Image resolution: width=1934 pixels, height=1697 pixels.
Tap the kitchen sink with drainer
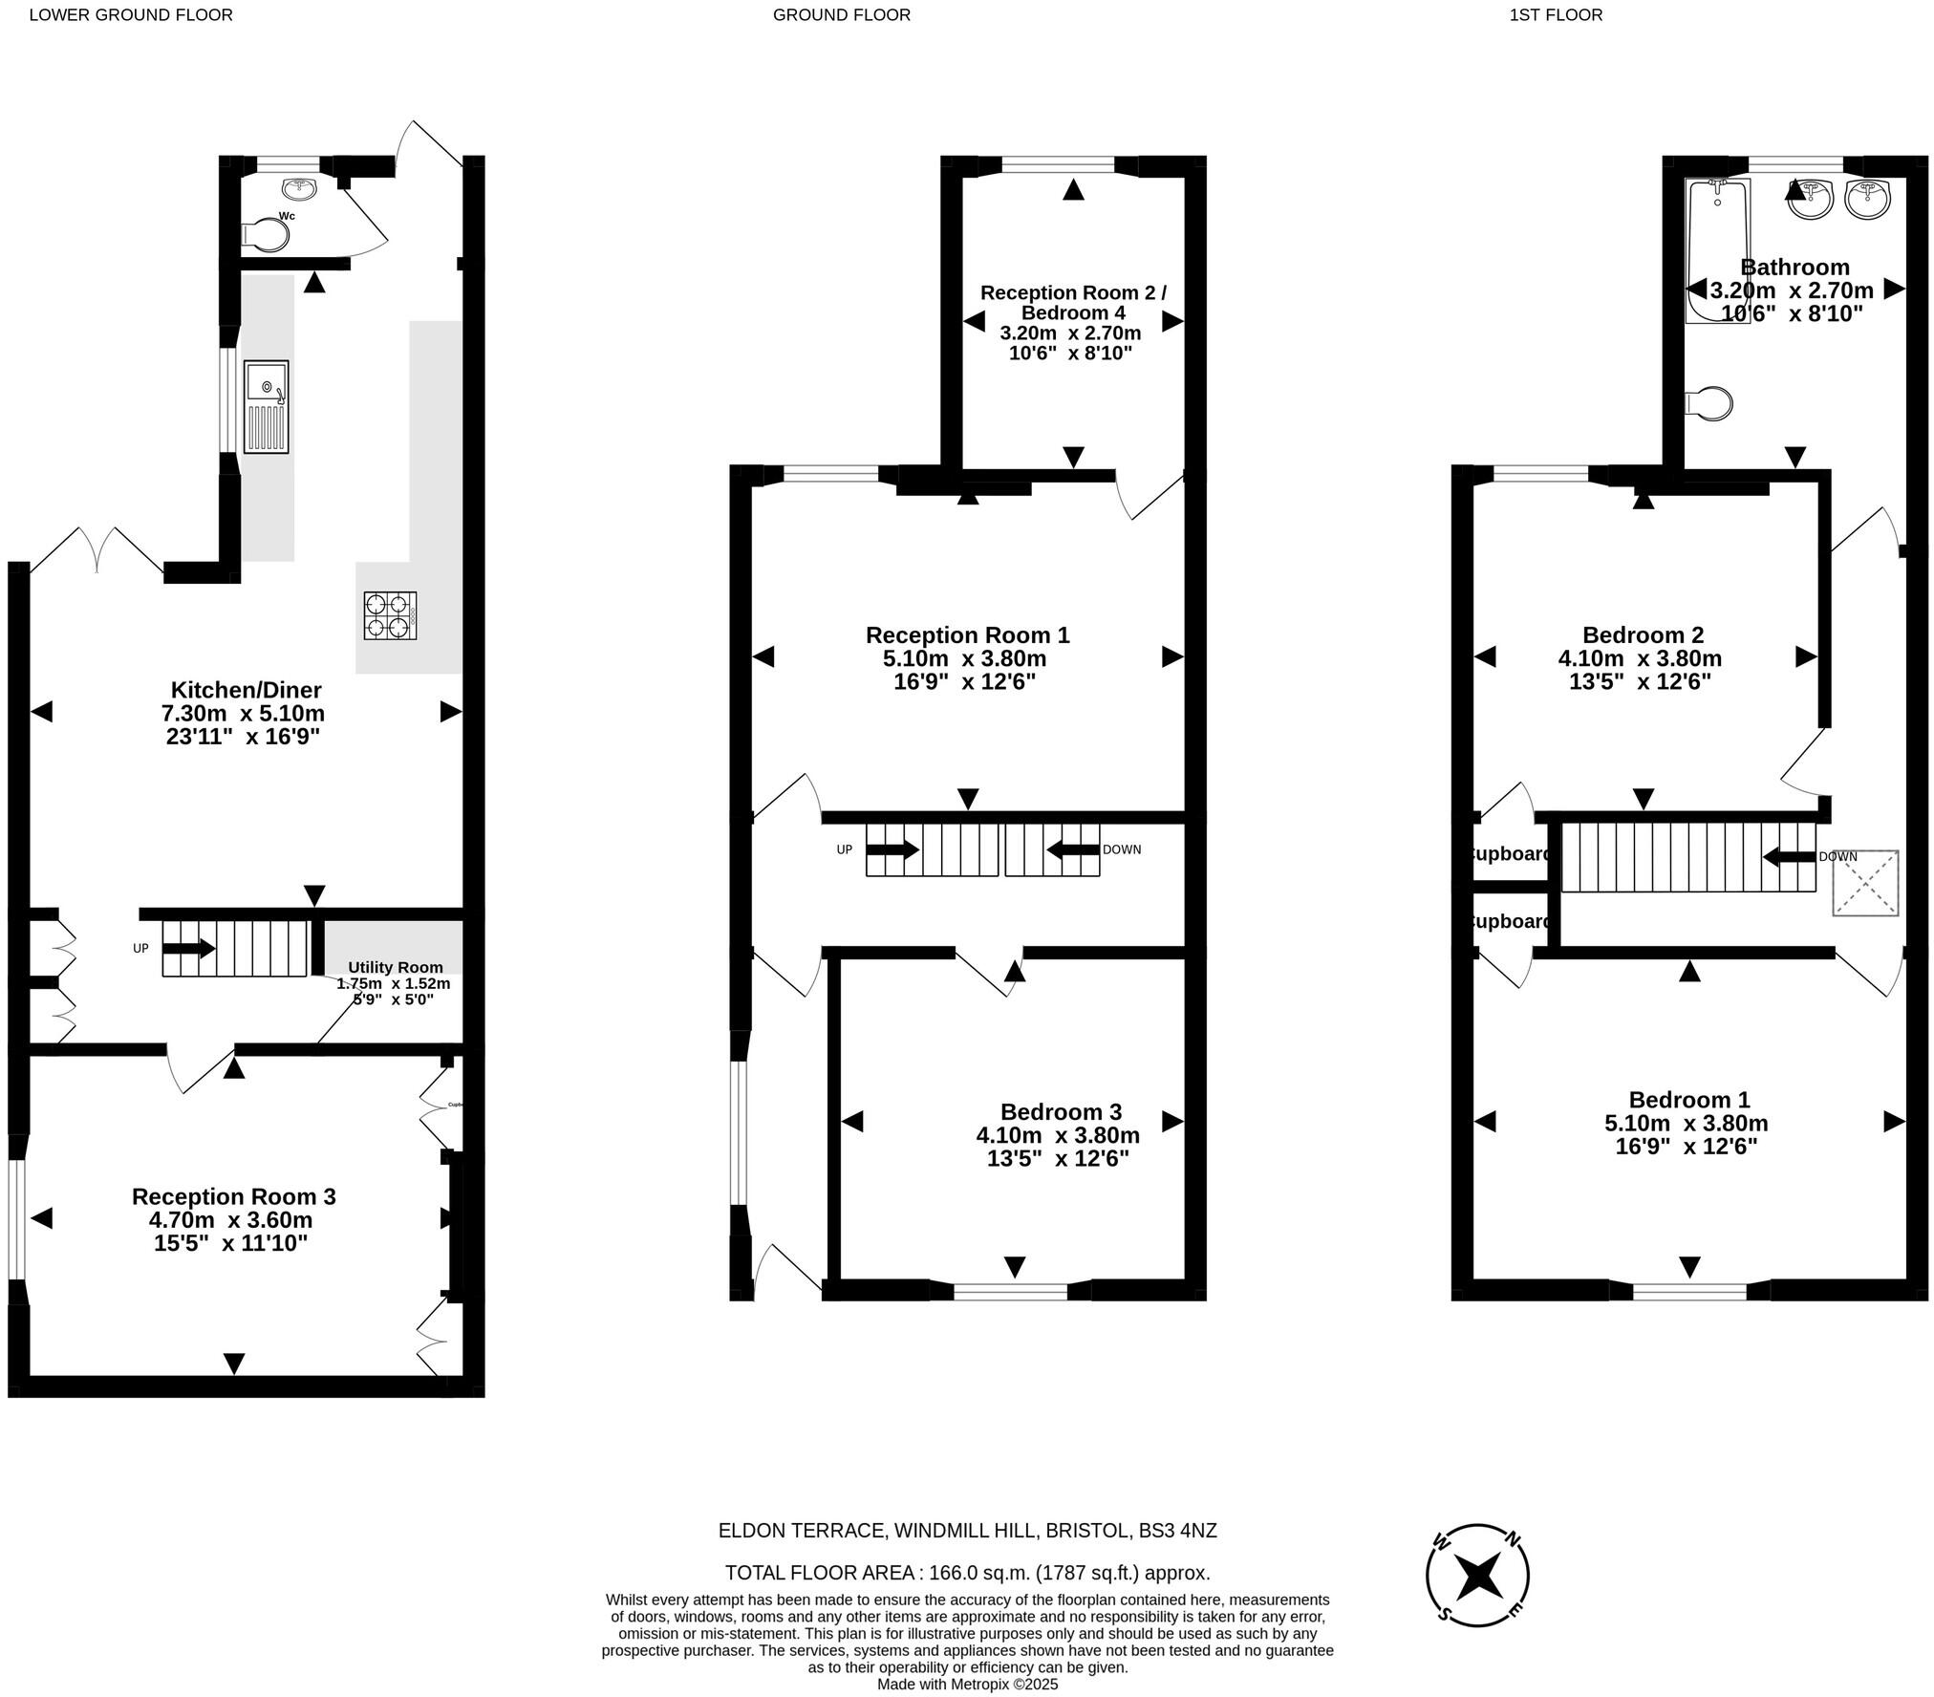[x=266, y=407]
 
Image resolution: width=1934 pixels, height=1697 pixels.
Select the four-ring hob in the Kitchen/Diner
[x=390, y=615]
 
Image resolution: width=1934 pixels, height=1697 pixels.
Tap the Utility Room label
[x=396, y=967]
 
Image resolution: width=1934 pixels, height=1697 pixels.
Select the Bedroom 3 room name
[x=1061, y=1111]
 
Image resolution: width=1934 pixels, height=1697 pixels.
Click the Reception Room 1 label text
[x=967, y=634]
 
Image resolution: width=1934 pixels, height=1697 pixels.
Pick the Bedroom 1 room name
[x=1689, y=1099]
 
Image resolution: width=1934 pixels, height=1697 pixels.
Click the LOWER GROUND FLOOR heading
[x=131, y=14]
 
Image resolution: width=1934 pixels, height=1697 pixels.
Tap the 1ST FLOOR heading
[x=1556, y=14]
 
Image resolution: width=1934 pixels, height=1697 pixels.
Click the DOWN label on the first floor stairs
[x=1837, y=857]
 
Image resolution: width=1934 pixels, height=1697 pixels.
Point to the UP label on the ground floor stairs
[x=844, y=849]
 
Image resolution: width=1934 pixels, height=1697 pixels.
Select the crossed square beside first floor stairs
[x=1865, y=883]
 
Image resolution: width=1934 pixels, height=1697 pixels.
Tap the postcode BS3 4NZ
[x=1177, y=1531]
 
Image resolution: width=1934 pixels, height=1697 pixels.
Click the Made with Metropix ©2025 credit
[x=967, y=1685]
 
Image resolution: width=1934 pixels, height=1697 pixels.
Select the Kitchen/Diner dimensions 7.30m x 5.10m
[x=244, y=713]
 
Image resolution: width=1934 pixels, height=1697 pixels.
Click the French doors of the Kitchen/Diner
[x=97, y=551]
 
